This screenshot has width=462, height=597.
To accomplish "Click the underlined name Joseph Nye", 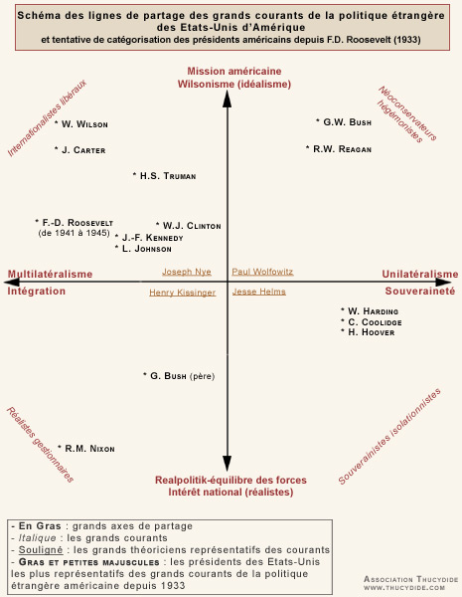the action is [187, 272].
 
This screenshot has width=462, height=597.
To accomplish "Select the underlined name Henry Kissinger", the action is [183, 293].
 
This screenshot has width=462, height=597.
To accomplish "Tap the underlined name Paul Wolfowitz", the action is [262, 272].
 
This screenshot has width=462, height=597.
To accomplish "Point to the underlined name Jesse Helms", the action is [259, 292].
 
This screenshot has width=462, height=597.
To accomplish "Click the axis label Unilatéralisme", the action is [420, 275].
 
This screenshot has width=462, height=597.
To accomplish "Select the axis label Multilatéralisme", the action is [51, 275].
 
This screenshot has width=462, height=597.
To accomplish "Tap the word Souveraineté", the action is [420, 291].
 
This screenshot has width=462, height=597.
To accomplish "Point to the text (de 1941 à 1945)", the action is [75, 233].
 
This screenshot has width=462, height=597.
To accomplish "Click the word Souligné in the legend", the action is [41, 550].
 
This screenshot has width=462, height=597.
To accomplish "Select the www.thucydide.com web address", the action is [404, 588].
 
